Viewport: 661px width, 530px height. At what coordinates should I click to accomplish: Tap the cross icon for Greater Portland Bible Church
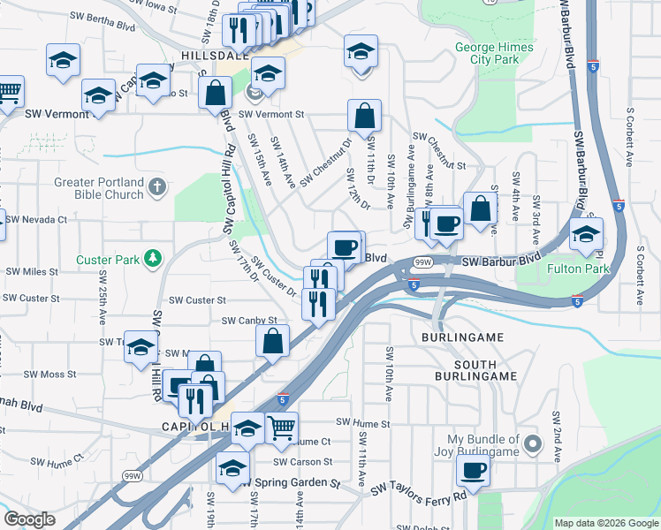(157, 186)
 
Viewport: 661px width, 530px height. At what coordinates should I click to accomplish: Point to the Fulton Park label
(580, 268)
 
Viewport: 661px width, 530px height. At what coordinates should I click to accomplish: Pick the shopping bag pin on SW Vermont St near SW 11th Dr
(364, 115)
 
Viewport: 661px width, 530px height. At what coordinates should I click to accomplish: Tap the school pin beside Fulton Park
(586, 234)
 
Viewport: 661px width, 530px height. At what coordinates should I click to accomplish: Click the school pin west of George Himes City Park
(361, 51)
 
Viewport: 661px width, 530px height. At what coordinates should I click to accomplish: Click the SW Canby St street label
(249, 321)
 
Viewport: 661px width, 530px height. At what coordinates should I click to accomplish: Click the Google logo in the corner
(29, 519)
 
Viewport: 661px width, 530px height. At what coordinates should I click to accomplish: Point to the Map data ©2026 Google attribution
(606, 523)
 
